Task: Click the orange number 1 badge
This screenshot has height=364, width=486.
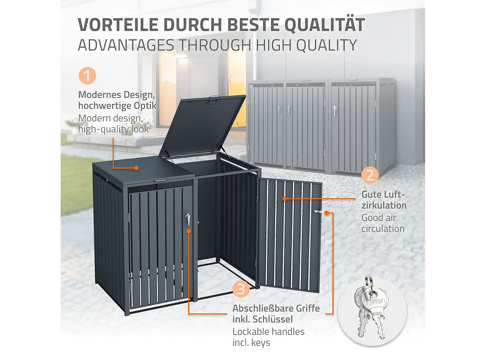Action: (87, 76)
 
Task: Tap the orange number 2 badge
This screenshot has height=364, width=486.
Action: (370, 175)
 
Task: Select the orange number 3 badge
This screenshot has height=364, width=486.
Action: (241, 289)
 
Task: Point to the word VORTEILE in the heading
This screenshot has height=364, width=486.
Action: (118, 25)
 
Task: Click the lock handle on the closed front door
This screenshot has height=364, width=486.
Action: (188, 219)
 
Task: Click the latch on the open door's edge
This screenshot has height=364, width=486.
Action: (318, 211)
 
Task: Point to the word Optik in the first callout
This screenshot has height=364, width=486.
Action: (145, 106)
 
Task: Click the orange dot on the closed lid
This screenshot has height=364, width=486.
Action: (136, 168)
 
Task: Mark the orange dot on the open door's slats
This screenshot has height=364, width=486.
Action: (284, 199)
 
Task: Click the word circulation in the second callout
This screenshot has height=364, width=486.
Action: (383, 229)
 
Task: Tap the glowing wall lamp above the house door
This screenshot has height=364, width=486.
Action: (180, 56)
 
